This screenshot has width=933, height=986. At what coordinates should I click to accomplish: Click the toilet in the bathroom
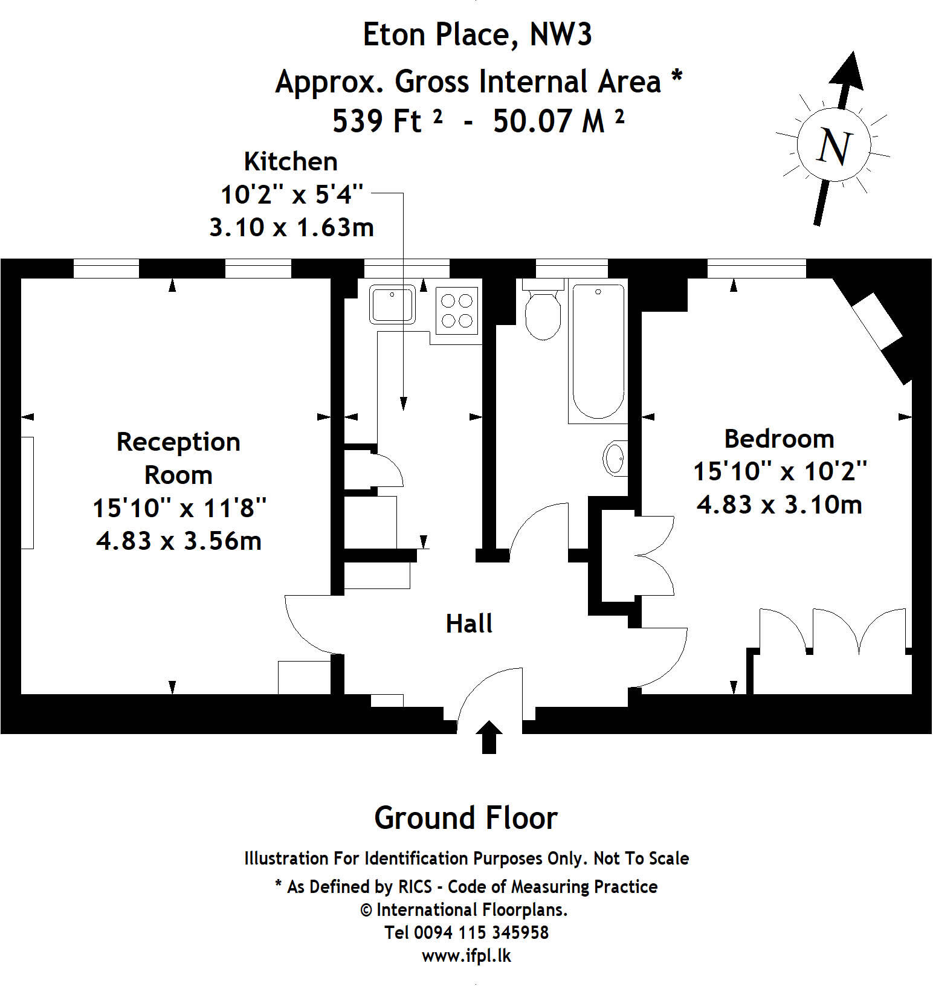[542, 312]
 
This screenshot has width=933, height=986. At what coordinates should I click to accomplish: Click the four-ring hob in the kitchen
[457, 310]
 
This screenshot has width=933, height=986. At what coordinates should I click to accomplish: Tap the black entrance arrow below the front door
[489, 736]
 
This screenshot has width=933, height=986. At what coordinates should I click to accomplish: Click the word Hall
[469, 623]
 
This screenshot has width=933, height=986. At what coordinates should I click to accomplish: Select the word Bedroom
[779, 439]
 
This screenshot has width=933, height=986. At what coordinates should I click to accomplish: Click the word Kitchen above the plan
[291, 162]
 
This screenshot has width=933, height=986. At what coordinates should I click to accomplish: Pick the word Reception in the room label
[178, 442]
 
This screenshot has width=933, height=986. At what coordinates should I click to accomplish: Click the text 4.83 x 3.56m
[179, 541]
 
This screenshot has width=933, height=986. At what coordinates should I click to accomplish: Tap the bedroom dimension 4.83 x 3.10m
[779, 504]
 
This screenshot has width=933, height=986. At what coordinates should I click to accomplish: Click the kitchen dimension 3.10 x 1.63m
[291, 228]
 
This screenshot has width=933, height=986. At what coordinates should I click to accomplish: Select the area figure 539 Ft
[377, 121]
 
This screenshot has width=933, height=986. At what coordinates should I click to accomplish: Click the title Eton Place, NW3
[477, 34]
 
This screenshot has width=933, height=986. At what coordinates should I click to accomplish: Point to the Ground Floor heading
[466, 818]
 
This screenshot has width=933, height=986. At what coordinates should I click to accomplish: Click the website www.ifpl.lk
[466, 956]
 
